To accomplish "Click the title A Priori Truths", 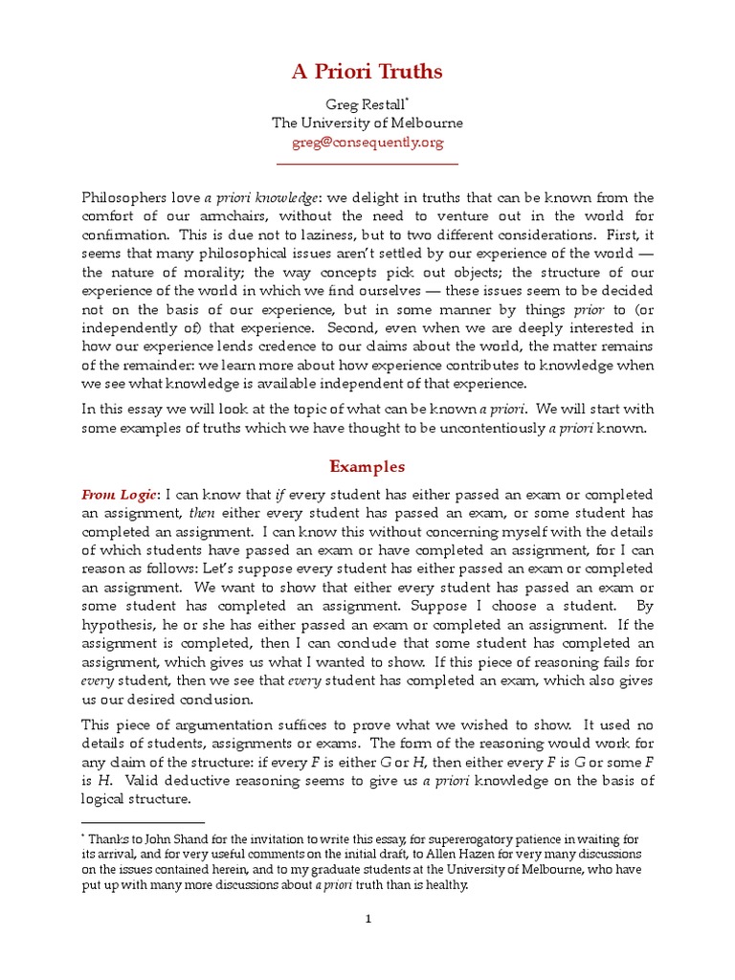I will click(x=367, y=72).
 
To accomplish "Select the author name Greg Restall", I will click(x=366, y=103).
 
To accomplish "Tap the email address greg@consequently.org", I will click(x=367, y=142).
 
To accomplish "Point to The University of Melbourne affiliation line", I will click(x=367, y=122).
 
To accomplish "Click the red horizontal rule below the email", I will click(x=367, y=163).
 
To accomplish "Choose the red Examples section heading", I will click(x=367, y=467).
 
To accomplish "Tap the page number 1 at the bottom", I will click(x=367, y=920).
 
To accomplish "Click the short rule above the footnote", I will click(x=144, y=822).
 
